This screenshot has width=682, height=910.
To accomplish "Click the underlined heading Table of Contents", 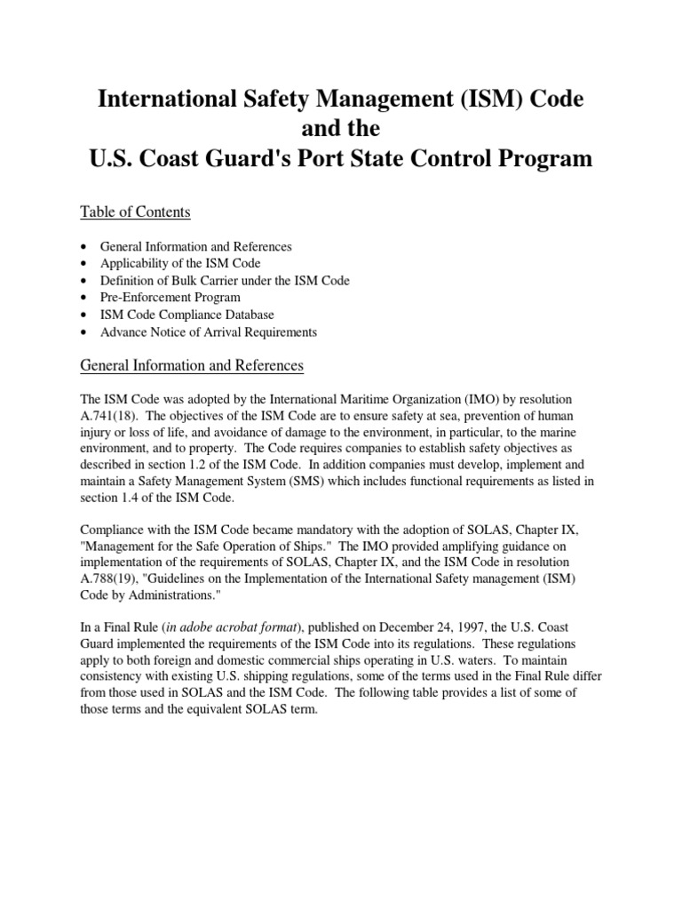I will (135, 212).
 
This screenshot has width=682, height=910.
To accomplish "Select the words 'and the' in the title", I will (341, 129).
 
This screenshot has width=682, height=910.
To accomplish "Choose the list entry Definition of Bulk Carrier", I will (225, 281).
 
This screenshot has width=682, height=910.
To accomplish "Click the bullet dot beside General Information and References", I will (83, 246).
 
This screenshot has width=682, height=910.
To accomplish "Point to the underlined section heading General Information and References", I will (192, 365).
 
